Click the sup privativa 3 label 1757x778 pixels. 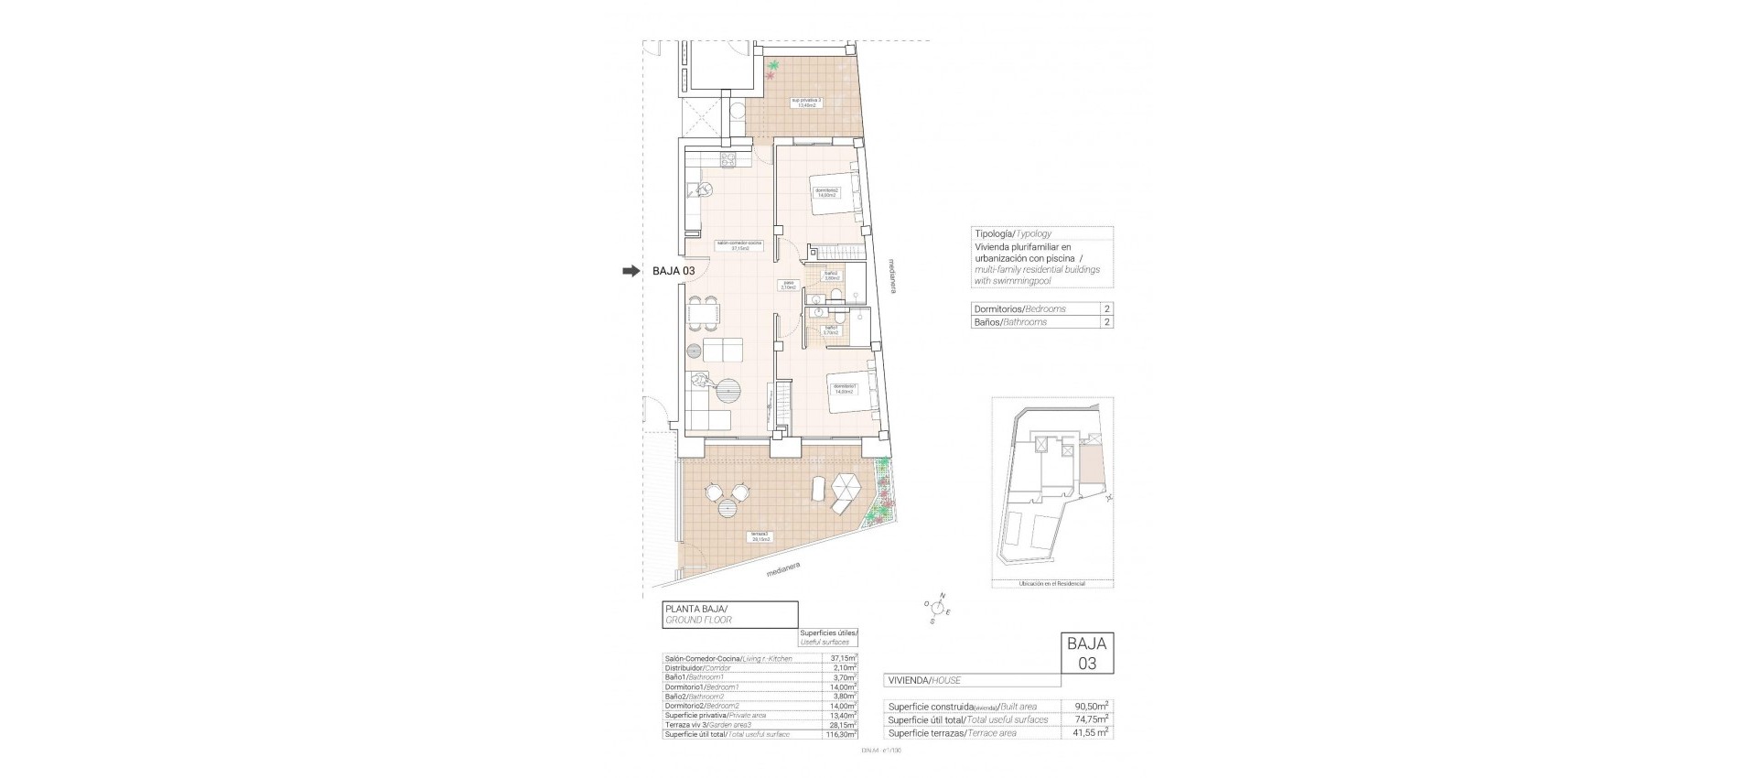tap(806, 103)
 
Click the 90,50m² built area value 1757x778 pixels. tap(1091, 706)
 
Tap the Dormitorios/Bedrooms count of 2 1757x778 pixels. tap(1106, 309)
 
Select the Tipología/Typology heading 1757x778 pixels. tap(1013, 233)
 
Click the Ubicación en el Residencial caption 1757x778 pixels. tap(1052, 583)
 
